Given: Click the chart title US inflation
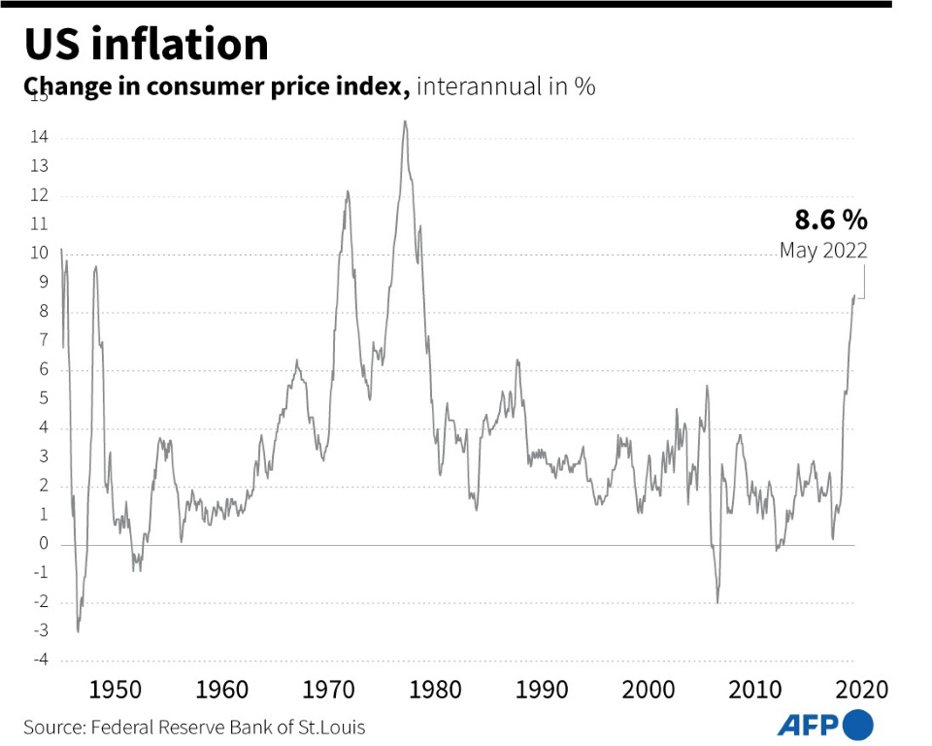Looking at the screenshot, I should pyautogui.click(x=147, y=45).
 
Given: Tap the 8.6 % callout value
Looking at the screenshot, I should pyautogui.click(x=831, y=219).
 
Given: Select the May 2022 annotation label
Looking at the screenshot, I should pyautogui.click(x=823, y=251).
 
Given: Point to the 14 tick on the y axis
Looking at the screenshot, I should pyautogui.click(x=40, y=137).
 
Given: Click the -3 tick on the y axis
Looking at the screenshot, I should pyautogui.click(x=40, y=631).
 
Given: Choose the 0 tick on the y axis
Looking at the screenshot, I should pyautogui.click(x=44, y=544).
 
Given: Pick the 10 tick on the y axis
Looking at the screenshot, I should pyautogui.click(x=40, y=254).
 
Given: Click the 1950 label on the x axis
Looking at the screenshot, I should pyautogui.click(x=116, y=691).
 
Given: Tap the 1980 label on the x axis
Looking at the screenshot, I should pyautogui.click(x=435, y=691).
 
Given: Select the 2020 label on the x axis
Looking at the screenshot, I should pyautogui.click(x=861, y=691).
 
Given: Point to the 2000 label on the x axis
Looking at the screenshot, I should pyautogui.click(x=649, y=691).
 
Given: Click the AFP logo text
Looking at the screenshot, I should pyautogui.click(x=809, y=725).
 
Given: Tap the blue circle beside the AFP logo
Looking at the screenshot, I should pyautogui.click(x=858, y=725).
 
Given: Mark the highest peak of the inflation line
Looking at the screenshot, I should pyautogui.click(x=405, y=121).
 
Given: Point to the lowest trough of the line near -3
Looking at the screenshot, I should pyautogui.click(x=78, y=632).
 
